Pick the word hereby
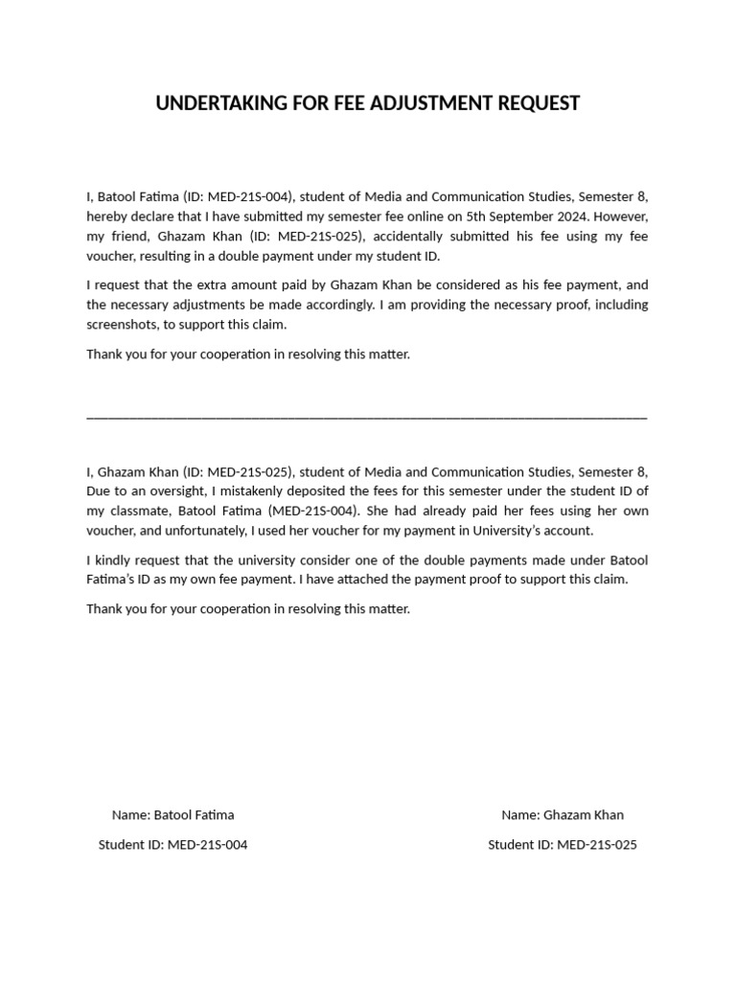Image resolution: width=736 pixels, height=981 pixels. (x=107, y=217)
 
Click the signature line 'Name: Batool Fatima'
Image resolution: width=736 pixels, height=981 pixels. (x=172, y=815)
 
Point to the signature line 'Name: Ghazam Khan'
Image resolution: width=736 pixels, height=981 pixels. (x=563, y=815)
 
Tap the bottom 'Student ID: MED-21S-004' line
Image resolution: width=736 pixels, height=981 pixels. (x=172, y=845)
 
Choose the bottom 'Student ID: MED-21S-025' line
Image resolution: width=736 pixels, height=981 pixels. (x=563, y=845)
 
